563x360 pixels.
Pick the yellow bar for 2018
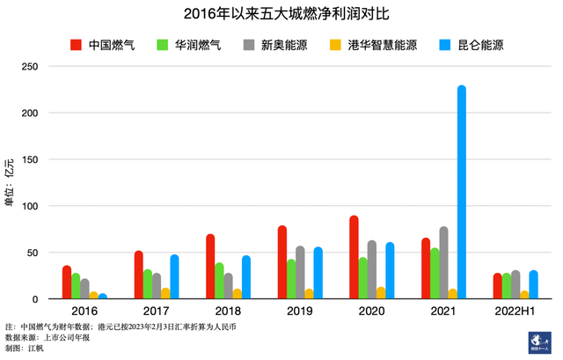pyautogui.click(x=237, y=293)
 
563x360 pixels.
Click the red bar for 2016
pyautogui.click(x=67, y=282)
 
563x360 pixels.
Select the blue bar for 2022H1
pyautogui.click(x=533, y=284)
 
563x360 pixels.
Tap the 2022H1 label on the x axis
pyautogui.click(x=515, y=312)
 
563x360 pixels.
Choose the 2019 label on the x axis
pyautogui.click(x=300, y=312)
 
